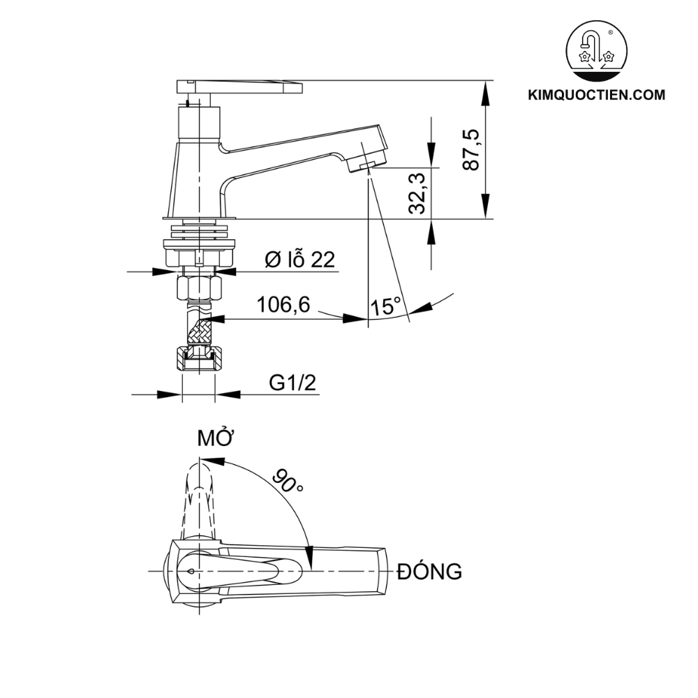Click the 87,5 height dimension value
[471, 149]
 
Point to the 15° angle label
[385, 306]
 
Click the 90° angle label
[287, 480]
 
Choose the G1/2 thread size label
[292, 383]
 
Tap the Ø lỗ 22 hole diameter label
[299, 260]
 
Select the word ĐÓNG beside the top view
[429, 571]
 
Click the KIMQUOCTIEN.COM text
[597, 95]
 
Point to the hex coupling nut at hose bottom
[198, 359]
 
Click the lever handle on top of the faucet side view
[239, 87]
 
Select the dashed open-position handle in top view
[200, 500]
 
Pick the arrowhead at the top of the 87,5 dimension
[486, 92]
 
